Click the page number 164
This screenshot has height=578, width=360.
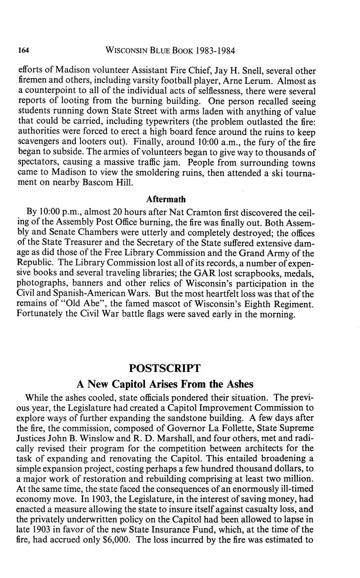click(23, 51)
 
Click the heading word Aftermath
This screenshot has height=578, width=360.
click(166, 199)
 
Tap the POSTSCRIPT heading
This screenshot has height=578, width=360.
click(165, 368)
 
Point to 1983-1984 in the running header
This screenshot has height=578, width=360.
click(212, 51)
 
